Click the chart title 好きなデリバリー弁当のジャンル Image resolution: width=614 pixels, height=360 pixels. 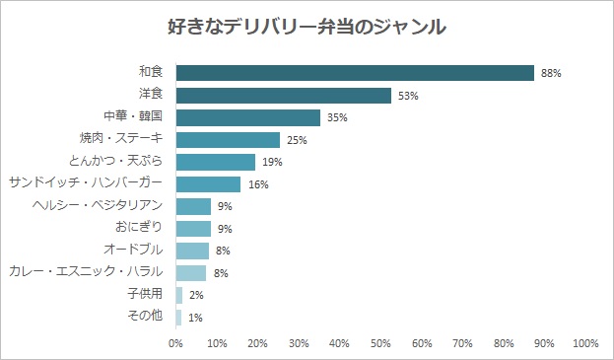tap(307, 27)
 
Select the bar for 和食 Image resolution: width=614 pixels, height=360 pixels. tap(355, 73)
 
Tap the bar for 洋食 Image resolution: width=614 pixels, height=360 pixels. tap(284, 96)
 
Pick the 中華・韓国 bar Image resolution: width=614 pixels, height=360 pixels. tap(248, 117)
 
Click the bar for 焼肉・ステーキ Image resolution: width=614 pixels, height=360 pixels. tap(228, 140)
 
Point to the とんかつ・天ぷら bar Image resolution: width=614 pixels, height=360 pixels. tap(216, 162)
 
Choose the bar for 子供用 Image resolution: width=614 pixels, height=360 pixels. tap(179, 295)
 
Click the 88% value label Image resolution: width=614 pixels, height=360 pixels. tap(551, 73)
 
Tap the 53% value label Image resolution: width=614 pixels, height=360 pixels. tap(408, 96)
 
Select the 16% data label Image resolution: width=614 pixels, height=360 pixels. tap(258, 184)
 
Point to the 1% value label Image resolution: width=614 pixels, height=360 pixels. tap(195, 318)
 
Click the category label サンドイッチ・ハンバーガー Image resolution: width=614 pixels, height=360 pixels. tap(86, 182)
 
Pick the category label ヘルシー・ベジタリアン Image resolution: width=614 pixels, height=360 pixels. tap(98, 205)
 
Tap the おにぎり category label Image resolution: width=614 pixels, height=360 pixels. tap(139, 227)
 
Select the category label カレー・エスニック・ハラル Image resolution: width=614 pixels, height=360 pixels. tap(86, 271)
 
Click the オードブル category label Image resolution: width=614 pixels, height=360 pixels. tap(133, 250)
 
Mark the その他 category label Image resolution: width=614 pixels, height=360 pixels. tap(145, 316)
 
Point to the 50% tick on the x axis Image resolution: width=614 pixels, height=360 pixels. tap(380, 343)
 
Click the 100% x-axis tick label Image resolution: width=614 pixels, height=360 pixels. tap(585, 343)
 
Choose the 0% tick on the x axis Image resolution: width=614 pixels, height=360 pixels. tap(175, 343)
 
